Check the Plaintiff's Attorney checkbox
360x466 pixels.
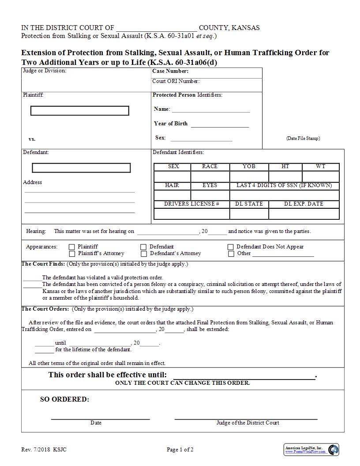click(72, 254)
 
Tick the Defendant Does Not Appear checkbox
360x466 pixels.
click(231, 247)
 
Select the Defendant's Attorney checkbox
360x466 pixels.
click(144, 254)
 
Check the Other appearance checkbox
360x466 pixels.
click(231, 254)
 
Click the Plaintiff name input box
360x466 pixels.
click(80, 111)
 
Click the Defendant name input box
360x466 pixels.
click(81, 168)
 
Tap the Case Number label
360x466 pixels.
click(170, 71)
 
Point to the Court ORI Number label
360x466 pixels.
click(176, 81)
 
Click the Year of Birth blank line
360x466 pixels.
click(220, 126)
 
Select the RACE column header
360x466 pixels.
click(210, 166)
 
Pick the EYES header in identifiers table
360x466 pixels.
click(210, 185)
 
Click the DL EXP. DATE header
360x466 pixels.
click(304, 204)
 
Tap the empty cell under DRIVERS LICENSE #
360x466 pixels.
click(191, 214)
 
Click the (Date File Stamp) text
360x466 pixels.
click(303, 138)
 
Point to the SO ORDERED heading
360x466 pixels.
click(64, 399)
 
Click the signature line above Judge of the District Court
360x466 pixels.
click(246, 418)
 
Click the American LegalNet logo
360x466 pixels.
click(311, 450)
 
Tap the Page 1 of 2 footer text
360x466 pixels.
click(180, 450)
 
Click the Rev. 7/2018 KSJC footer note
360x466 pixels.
click(44, 450)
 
